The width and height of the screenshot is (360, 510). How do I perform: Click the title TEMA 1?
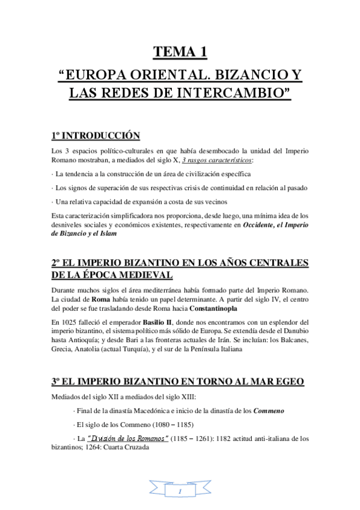(x=180, y=53)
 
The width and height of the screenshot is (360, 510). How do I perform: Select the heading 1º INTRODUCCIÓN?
(x=95, y=135)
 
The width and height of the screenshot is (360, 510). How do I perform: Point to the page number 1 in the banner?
(x=180, y=492)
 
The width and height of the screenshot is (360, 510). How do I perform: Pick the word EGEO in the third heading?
(x=286, y=381)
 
